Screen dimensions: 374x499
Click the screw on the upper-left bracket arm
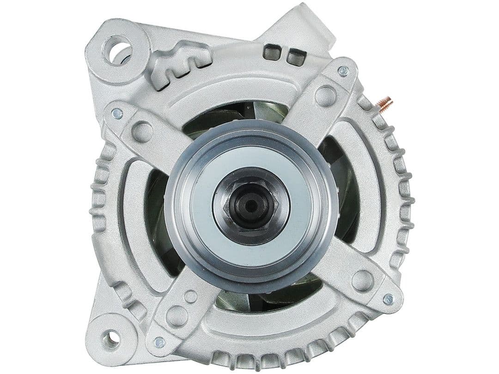tap(117, 113)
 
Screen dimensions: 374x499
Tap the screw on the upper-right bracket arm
tap(343, 71)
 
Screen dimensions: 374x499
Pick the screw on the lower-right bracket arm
tap(388, 299)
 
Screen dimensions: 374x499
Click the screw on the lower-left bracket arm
tap(159, 342)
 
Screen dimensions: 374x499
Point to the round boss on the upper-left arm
tap(142, 132)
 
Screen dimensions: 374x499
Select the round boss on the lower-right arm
tap(362, 280)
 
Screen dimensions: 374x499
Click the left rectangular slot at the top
tap(271, 52)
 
